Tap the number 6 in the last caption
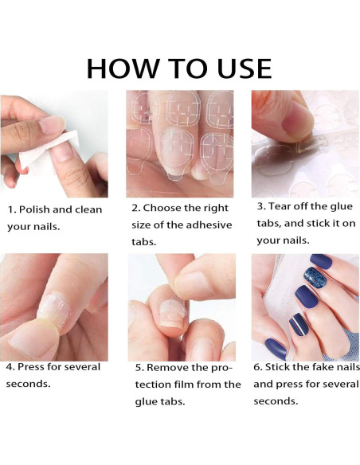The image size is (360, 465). click(x=256, y=367)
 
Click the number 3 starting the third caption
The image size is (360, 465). click(x=260, y=206)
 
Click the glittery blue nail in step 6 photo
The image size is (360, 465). click(x=315, y=277)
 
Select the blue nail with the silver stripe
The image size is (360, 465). click(x=299, y=324)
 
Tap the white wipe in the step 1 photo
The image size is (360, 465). click(x=48, y=152)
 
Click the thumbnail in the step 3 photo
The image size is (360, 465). click(x=297, y=120)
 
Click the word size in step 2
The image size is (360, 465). click(x=141, y=225)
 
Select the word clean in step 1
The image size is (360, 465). click(x=88, y=209)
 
